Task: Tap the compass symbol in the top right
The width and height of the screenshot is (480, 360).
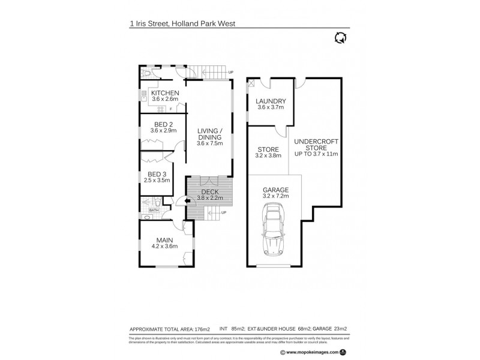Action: (x=341, y=38)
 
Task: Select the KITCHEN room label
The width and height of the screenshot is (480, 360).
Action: (x=164, y=93)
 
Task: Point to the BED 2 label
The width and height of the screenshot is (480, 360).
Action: (x=163, y=124)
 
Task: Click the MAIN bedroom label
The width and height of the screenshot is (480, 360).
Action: (x=164, y=239)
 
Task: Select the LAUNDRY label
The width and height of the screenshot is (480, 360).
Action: (x=270, y=101)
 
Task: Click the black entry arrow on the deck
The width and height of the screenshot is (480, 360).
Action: (x=191, y=202)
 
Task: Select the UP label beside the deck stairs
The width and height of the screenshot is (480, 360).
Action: (x=223, y=212)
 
